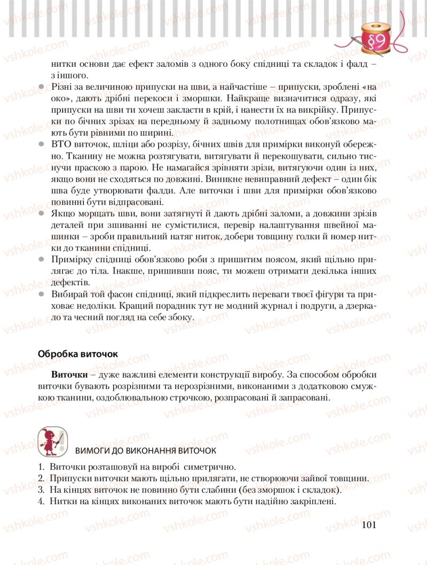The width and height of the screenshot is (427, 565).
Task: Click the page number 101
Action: pyautogui.click(x=369, y=525)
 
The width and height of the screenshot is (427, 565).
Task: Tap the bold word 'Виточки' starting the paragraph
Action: pyautogui.click(x=68, y=374)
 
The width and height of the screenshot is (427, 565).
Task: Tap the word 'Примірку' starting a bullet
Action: pyautogui.click(x=71, y=260)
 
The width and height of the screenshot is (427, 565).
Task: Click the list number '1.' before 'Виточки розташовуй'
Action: pyautogui.click(x=41, y=466)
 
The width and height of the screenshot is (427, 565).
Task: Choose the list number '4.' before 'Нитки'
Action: pyautogui.click(x=41, y=501)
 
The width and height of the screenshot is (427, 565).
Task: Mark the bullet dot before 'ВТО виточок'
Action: pyautogui.click(x=42, y=145)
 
